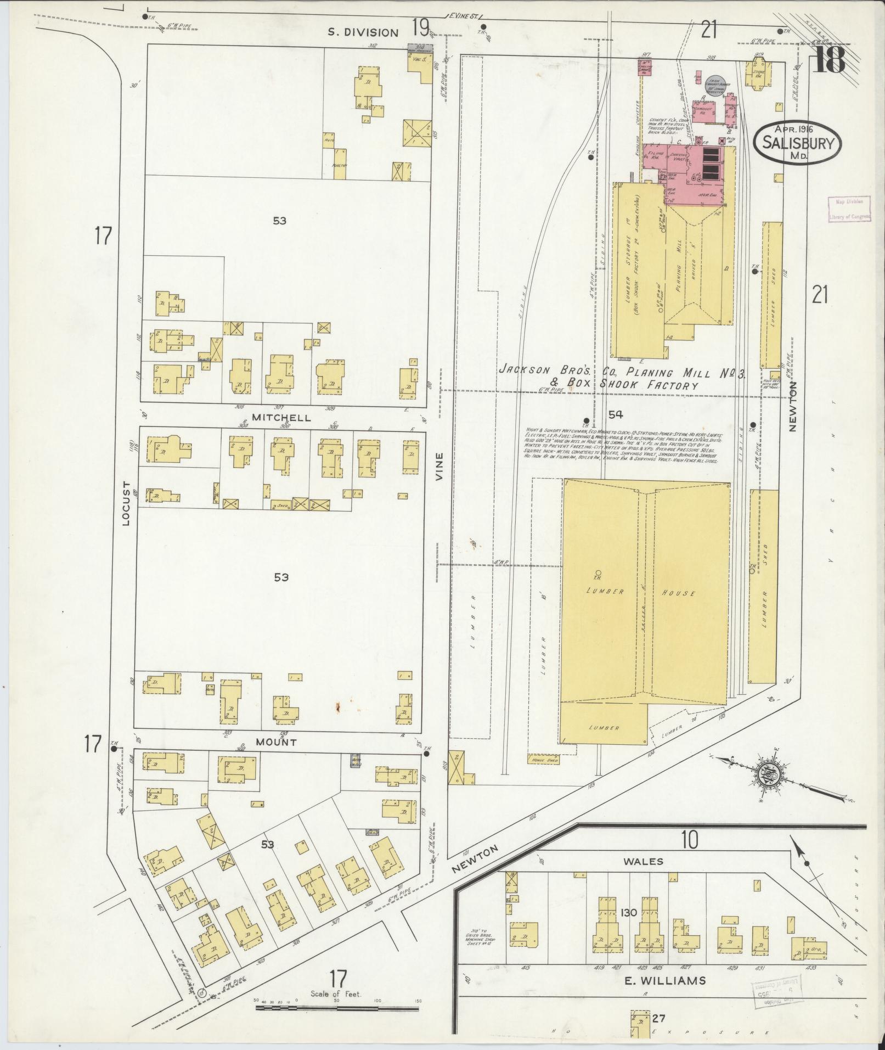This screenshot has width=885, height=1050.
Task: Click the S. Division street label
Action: coord(363,32)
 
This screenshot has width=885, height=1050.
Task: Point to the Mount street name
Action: coord(277,742)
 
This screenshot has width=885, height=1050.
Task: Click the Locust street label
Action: coord(126,504)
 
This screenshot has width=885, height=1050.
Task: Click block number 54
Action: coord(616,414)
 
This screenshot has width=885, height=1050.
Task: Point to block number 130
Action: coord(629,912)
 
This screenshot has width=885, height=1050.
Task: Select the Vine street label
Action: coord(439,471)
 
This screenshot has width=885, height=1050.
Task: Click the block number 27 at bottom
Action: coord(659,1019)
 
